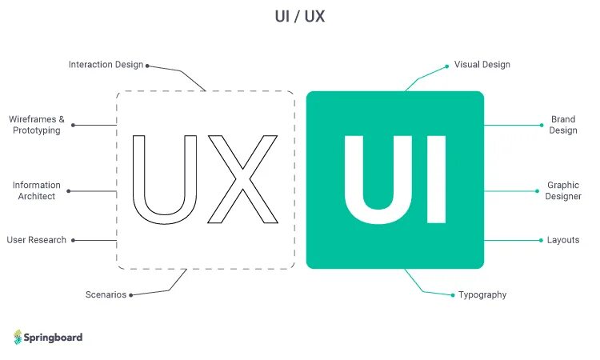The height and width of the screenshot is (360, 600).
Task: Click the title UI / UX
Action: point(300,17)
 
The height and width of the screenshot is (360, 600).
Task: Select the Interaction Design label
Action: point(106,65)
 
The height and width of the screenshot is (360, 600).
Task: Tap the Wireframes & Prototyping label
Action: point(37,125)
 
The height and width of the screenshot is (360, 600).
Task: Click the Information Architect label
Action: point(37,191)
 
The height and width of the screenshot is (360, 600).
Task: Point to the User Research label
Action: point(37,240)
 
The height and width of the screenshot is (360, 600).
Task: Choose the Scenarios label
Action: point(106,295)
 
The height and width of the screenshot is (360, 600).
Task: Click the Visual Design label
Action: point(482,65)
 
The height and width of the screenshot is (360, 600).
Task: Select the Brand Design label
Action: point(563,125)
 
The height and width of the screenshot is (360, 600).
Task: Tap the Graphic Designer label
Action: point(563,190)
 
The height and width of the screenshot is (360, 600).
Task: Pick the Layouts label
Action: point(563,240)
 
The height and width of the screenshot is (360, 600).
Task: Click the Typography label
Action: point(482,295)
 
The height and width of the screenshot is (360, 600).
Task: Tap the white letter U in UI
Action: point(375,179)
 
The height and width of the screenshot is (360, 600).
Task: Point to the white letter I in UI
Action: point(436,179)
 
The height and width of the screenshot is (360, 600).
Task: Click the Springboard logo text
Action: point(54,338)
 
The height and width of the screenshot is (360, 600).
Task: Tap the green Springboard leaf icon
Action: point(18,337)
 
